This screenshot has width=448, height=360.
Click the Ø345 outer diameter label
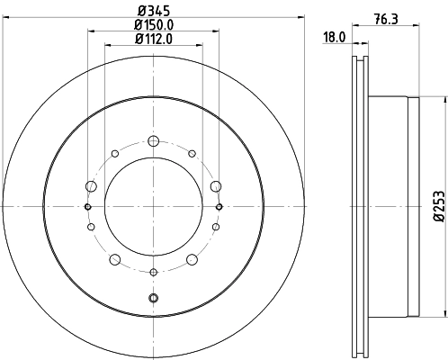pyautogui.click(x=154, y=11)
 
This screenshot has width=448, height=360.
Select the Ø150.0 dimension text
pyautogui.click(x=154, y=24)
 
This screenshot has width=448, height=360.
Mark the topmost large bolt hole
pyautogui.click(x=153, y=139)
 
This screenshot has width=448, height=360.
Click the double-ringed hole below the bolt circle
pyautogui.click(x=153, y=298)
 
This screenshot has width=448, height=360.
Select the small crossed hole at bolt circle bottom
pyautogui.click(x=153, y=271)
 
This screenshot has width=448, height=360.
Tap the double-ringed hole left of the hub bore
pyautogui.click(x=87, y=207)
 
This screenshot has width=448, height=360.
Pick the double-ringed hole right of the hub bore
pyautogui.click(x=220, y=207)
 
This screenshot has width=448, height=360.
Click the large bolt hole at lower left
pyautogui.click(x=114, y=260)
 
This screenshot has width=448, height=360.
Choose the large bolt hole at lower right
pyautogui.click(x=192, y=260)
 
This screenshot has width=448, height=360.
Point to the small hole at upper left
pyautogui.click(x=114, y=153)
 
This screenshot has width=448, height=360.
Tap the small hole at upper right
pyautogui.click(x=192, y=153)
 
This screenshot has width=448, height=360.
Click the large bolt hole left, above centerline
pyautogui.click(x=90, y=185)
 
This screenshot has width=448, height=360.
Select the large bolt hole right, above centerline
pyautogui.click(x=216, y=185)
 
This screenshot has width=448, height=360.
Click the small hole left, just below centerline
pyautogui.click(x=90, y=228)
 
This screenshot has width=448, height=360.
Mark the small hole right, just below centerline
pyautogui.click(x=216, y=228)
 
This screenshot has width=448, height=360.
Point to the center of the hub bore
pyautogui.click(x=153, y=207)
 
